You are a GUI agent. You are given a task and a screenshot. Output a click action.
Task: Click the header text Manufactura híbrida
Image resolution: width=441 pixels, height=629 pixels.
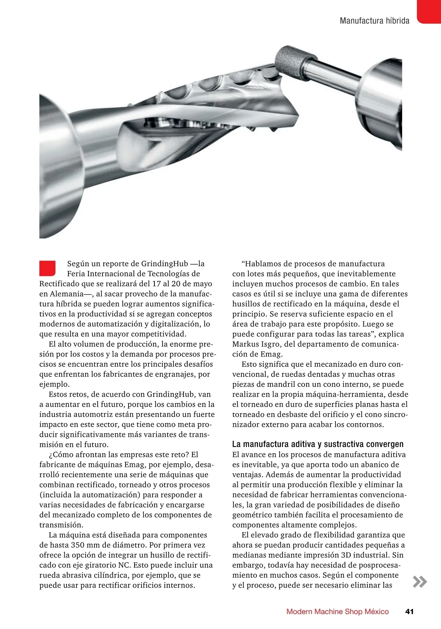(374, 21)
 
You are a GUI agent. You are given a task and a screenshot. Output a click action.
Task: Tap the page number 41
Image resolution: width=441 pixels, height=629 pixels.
(409, 611)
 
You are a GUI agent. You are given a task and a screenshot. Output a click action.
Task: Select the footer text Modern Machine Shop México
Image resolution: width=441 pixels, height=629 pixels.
(337, 611)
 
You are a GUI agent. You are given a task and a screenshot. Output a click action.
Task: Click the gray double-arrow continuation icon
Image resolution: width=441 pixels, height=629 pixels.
(420, 582)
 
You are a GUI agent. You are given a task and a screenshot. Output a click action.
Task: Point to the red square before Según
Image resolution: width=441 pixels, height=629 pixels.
(47, 268)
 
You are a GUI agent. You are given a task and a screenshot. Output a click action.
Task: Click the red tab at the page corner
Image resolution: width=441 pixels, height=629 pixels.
(429, 11)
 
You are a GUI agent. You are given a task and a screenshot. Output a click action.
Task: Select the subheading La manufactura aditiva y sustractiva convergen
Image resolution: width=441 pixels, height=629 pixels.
(318, 444)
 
